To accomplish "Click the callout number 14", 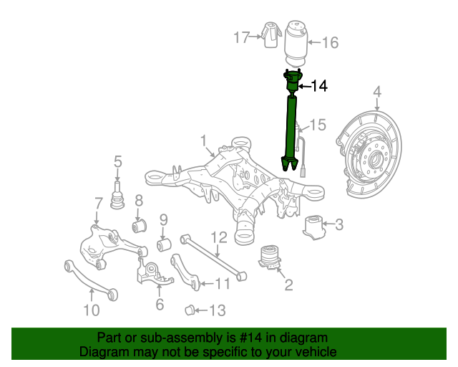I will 319,87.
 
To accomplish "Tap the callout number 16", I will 329,43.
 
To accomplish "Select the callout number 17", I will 241,37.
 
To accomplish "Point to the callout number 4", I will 377,92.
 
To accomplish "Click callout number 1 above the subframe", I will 203,140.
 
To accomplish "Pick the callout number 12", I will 219,237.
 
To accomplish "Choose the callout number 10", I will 91,310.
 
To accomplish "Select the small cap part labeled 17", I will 271,36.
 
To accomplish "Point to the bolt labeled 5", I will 117,194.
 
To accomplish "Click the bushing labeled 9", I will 163,246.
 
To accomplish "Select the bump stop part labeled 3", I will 312,227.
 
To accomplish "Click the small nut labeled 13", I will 190,310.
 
